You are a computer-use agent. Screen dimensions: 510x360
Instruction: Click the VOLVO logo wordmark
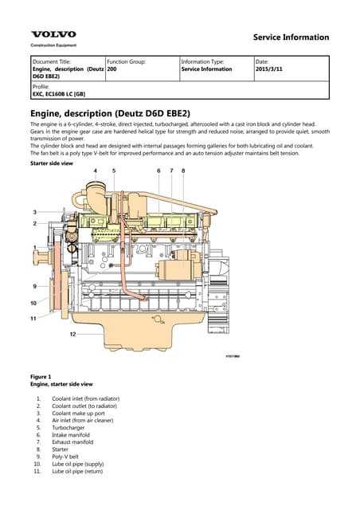(x=53, y=34)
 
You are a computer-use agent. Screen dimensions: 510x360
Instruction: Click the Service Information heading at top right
(x=291, y=37)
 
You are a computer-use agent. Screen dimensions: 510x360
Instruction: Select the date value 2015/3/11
(x=271, y=69)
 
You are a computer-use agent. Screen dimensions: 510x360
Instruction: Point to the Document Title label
(x=52, y=61)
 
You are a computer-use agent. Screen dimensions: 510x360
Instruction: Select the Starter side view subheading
(x=51, y=163)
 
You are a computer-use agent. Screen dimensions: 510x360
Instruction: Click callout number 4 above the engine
(x=96, y=171)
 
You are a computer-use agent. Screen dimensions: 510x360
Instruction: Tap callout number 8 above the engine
(x=183, y=171)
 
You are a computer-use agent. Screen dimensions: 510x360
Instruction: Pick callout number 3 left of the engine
(x=34, y=211)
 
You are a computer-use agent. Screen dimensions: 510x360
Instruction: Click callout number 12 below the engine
(x=72, y=334)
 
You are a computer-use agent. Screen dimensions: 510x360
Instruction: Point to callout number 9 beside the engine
(x=34, y=285)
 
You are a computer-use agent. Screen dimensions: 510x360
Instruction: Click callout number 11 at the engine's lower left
(x=33, y=318)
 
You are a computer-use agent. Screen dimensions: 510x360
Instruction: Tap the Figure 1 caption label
(x=41, y=376)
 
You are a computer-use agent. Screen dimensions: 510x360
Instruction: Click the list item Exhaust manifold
(x=72, y=441)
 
